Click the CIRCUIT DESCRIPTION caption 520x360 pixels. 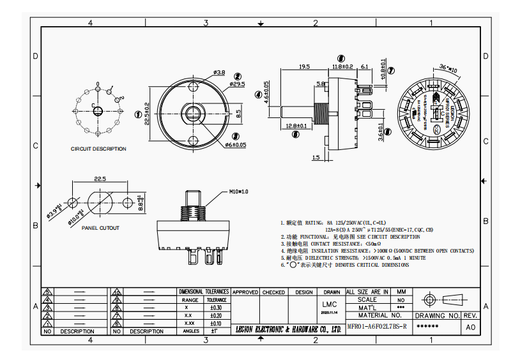[98, 149]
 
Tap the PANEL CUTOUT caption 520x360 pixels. [100, 228]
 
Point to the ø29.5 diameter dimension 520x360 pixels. [237, 84]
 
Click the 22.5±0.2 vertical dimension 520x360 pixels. [147, 114]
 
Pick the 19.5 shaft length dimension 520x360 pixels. [304, 66]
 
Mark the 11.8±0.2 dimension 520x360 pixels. [342, 66]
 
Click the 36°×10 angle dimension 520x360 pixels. [449, 68]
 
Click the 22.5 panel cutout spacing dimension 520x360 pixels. [100, 179]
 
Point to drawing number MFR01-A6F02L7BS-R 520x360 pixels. [376, 326]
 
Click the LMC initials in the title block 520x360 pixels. [330, 304]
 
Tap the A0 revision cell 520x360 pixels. [471, 326]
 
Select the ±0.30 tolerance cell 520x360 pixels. [216, 307]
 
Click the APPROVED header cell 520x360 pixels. [245, 292]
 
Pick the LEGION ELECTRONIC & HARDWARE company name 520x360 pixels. [288, 329]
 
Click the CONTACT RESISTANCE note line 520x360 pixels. [332, 244]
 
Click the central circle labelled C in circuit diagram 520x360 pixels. [98, 111]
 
